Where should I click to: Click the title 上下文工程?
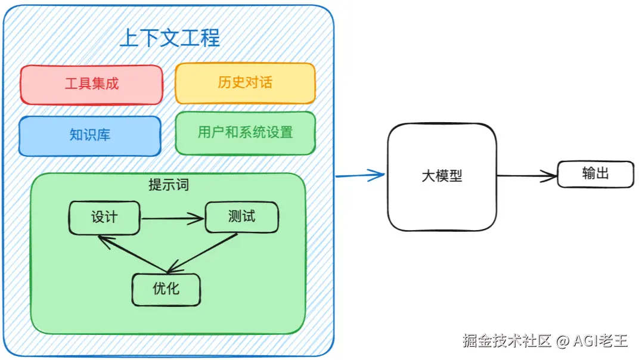(x=169, y=38)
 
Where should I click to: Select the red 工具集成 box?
(x=92, y=85)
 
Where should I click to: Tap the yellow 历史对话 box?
(x=245, y=83)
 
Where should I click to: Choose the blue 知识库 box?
(x=90, y=136)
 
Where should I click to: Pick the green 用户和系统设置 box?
(x=246, y=133)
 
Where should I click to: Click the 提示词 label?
(x=168, y=185)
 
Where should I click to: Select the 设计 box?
(x=104, y=218)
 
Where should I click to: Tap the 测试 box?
(x=242, y=217)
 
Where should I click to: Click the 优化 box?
(x=166, y=290)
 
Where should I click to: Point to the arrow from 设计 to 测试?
(x=172, y=219)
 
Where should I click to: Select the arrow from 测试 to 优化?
(x=203, y=253)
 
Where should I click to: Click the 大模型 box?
(x=442, y=177)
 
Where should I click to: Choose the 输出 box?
(x=595, y=174)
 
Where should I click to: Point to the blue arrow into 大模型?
(x=360, y=175)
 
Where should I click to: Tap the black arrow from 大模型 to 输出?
(x=527, y=176)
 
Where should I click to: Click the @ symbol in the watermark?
(x=562, y=341)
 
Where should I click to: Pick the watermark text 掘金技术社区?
(x=507, y=340)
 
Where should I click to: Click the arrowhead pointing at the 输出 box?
(x=550, y=176)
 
